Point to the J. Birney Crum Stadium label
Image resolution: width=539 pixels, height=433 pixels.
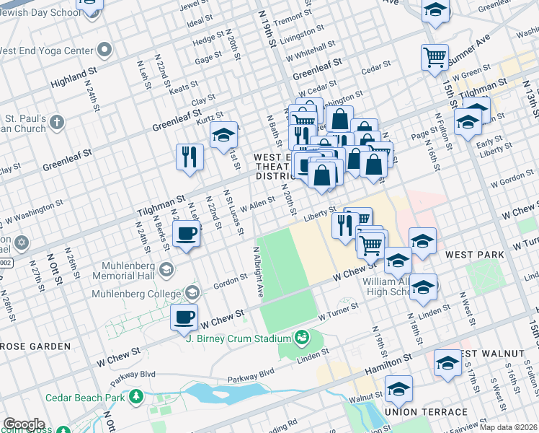238,338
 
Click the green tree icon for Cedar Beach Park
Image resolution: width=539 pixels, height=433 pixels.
136,396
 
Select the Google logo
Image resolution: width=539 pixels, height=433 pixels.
24,424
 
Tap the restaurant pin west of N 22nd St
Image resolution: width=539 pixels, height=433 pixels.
190,157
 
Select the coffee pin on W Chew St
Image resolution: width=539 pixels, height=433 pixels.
184,317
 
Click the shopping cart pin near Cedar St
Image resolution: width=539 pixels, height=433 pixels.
435,58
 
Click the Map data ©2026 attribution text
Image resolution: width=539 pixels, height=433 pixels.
509,427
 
